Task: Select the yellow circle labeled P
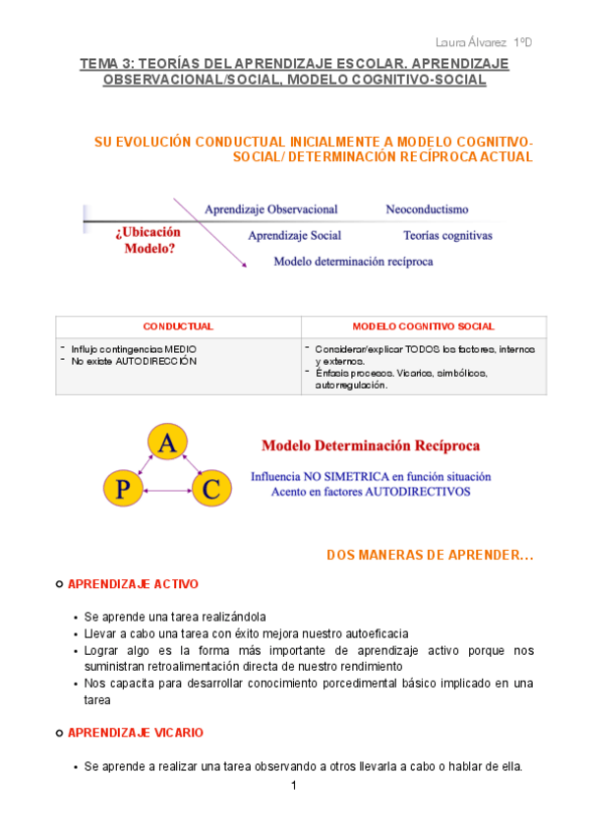click(124, 489)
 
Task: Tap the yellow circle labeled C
click(210, 488)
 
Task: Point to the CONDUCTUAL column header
click(178, 327)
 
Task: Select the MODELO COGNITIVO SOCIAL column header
click(423, 327)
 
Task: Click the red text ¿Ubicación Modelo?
click(148, 241)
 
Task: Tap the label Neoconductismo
click(427, 209)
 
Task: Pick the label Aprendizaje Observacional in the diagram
click(270, 209)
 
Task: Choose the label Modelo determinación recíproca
click(353, 262)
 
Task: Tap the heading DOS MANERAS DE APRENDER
click(430, 556)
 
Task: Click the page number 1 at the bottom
click(294, 786)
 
